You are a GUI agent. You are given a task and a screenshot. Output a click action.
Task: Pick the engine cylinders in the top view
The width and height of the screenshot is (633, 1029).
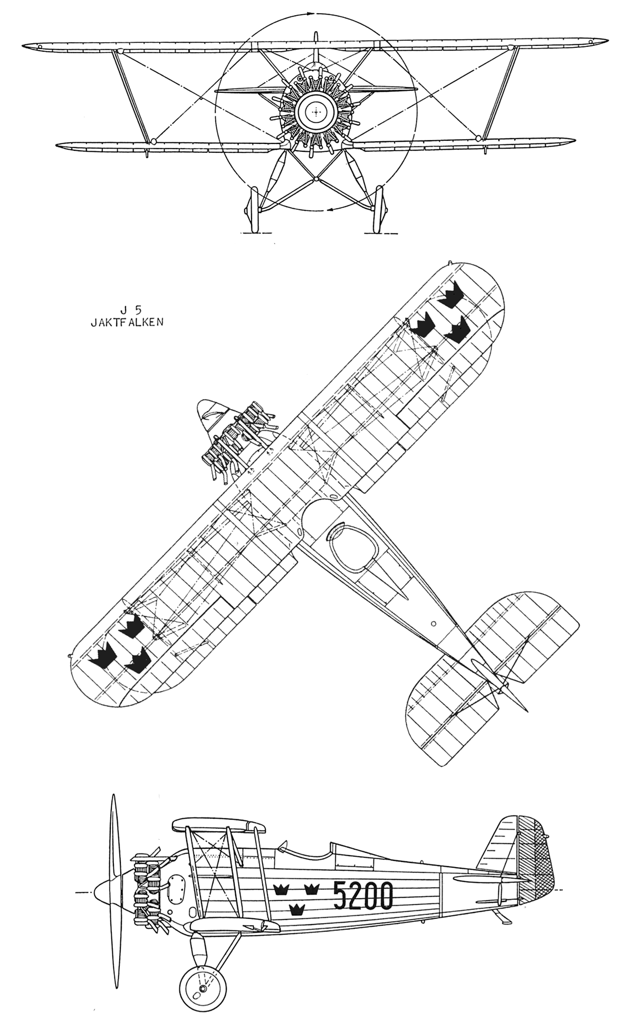[240, 441]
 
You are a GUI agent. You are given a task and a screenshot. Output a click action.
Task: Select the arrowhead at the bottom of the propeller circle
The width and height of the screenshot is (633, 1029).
[330, 210]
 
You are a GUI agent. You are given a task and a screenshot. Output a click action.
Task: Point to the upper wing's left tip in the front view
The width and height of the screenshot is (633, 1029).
[31, 47]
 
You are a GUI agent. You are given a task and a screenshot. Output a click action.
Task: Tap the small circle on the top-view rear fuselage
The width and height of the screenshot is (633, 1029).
[433, 623]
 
